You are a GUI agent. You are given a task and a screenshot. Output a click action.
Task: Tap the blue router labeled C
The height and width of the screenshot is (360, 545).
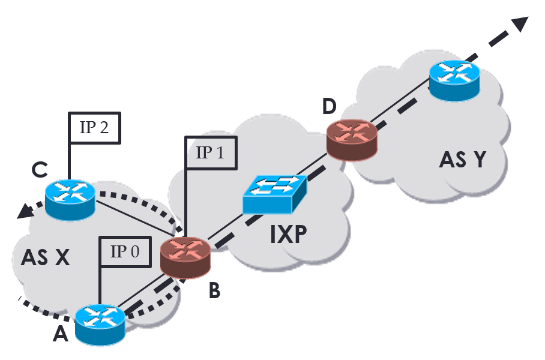(x=70, y=200)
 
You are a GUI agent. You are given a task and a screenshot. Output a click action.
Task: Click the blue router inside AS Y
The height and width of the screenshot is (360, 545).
(x=454, y=79)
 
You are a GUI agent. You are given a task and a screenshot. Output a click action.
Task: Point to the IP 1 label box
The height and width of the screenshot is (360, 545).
(x=211, y=152)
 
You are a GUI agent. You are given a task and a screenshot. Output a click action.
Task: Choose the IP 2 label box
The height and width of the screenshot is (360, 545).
(x=94, y=127)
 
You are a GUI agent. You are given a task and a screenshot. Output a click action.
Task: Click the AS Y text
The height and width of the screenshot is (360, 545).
(x=463, y=160)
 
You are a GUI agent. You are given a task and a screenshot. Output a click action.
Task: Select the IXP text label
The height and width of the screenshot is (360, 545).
(x=288, y=235)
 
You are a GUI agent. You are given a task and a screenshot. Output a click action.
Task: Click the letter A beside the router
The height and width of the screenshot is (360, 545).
(x=61, y=334)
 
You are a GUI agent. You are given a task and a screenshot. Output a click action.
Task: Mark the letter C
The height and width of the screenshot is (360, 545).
(x=40, y=170)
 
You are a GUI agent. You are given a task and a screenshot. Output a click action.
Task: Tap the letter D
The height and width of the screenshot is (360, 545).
(x=328, y=107)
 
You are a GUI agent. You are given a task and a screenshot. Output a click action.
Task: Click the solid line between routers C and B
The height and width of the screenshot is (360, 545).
(x=130, y=221)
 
